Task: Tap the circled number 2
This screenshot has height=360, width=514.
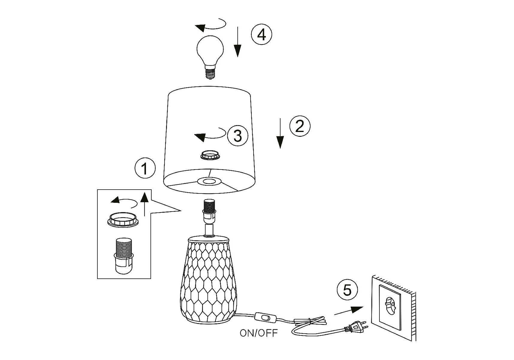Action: pos(300,126)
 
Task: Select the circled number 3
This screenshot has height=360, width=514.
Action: pos(238,136)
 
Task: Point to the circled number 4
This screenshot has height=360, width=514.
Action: pos(261,35)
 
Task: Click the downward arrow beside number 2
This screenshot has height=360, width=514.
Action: pos(280,133)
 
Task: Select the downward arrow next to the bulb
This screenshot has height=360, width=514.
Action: pos(237,42)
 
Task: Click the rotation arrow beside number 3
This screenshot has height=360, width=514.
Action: pos(210,134)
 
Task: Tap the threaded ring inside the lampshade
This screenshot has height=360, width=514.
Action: pos(211,155)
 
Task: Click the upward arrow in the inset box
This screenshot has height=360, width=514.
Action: pos(145,204)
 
